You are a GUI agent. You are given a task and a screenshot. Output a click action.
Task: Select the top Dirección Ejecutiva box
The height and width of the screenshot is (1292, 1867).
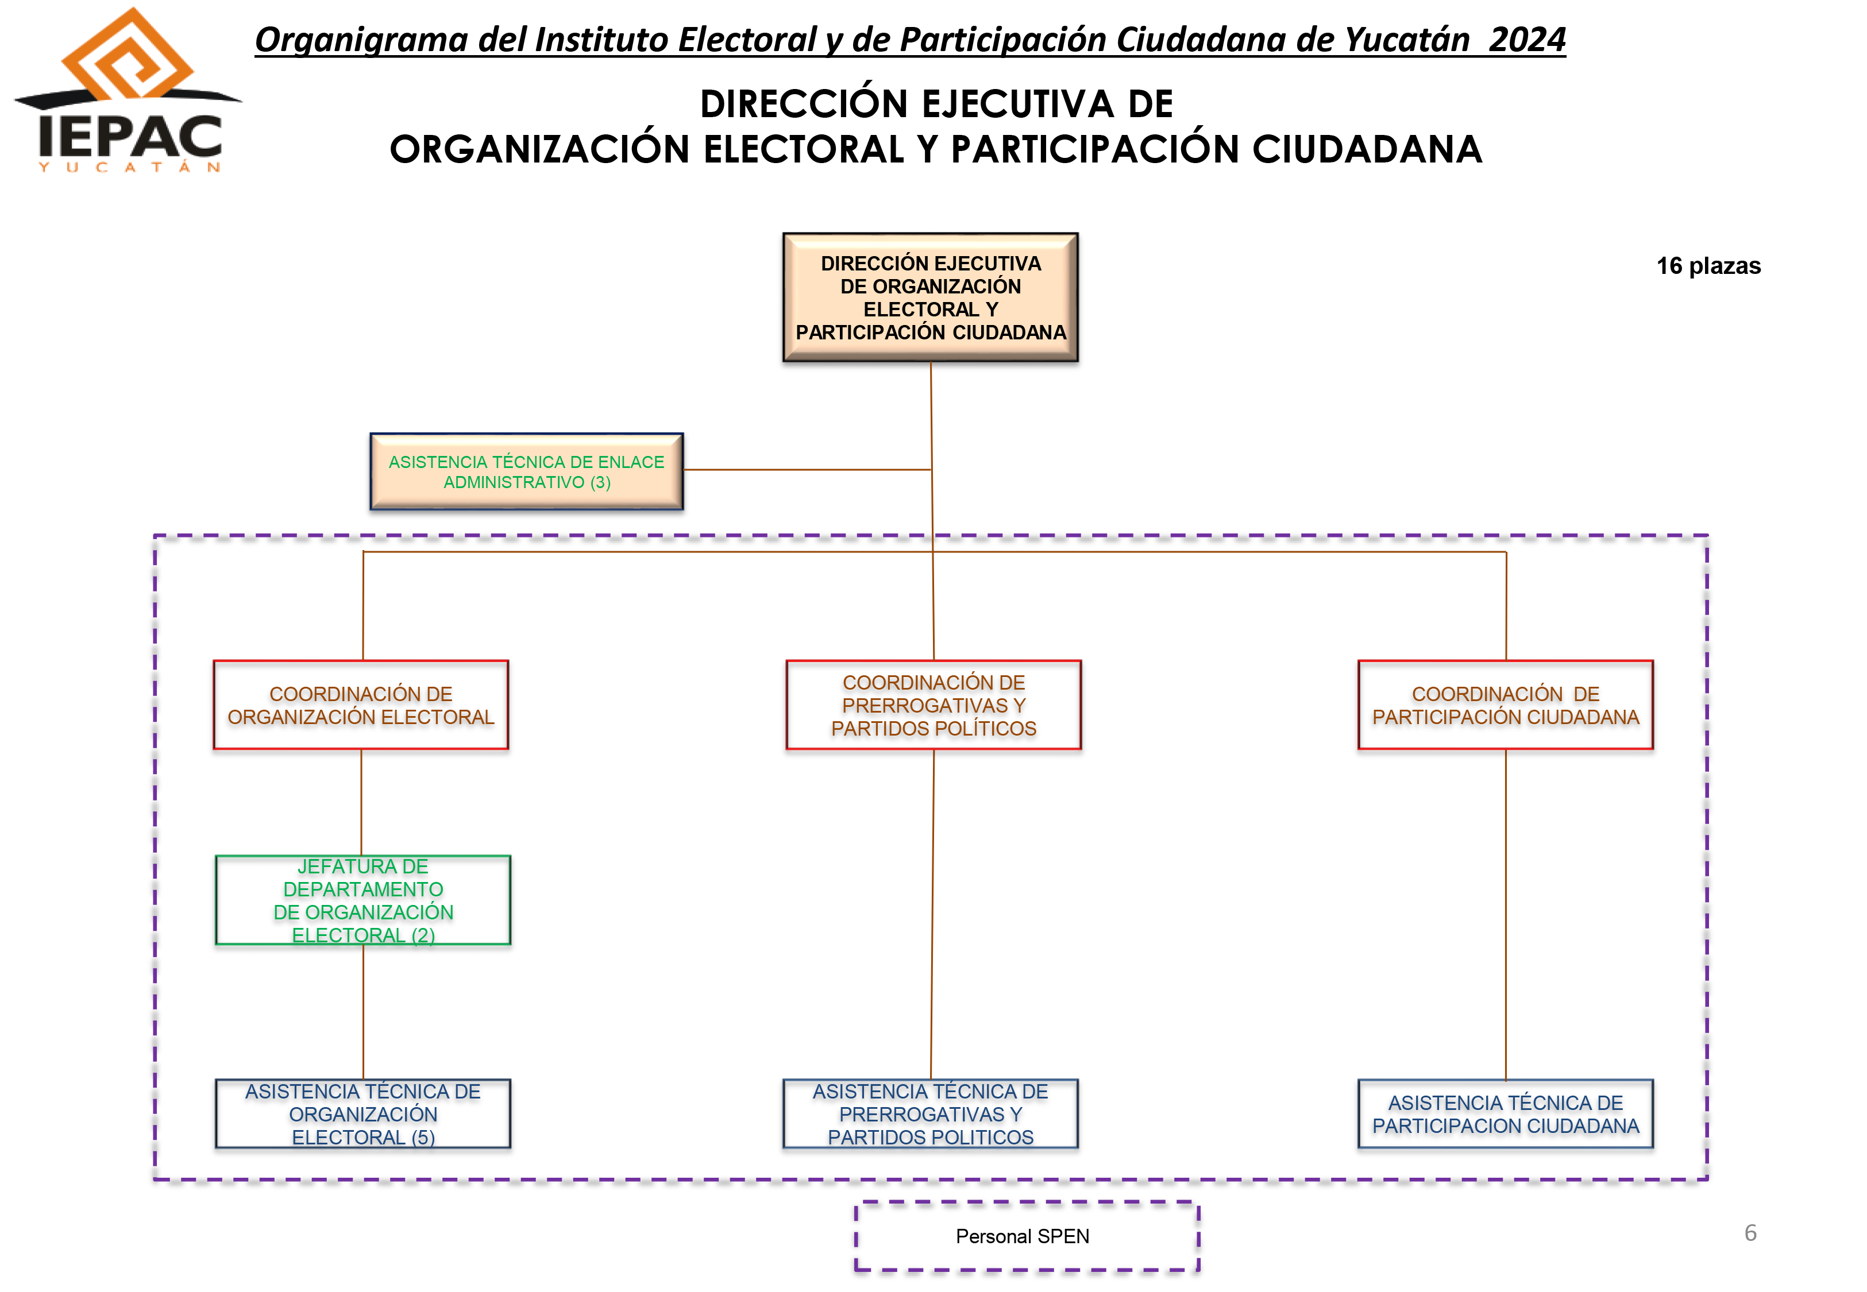(930, 297)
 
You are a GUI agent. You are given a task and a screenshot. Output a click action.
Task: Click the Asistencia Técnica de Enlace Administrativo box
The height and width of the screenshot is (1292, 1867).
(526, 471)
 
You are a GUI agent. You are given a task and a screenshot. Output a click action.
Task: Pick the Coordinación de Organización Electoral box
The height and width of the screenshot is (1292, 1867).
(361, 705)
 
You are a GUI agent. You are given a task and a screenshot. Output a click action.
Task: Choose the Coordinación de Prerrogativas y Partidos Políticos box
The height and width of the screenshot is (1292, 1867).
(933, 705)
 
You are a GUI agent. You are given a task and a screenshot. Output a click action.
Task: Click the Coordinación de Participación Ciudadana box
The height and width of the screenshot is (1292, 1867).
(1505, 705)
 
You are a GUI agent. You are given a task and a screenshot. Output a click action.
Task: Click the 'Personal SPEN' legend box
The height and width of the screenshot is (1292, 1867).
(1027, 1236)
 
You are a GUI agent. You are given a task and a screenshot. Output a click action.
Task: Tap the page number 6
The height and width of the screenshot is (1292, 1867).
(1750, 1233)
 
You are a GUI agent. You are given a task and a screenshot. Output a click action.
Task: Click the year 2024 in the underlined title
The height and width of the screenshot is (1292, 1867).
(1527, 39)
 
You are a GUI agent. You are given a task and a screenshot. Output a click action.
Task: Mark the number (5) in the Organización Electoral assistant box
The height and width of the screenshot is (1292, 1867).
(423, 1138)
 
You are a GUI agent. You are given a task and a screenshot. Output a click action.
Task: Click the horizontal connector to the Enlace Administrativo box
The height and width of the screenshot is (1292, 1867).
(807, 470)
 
